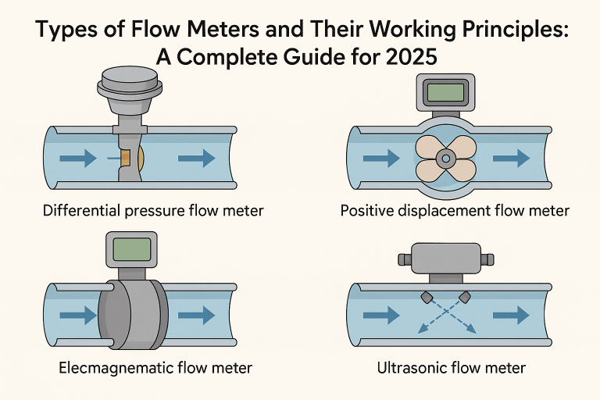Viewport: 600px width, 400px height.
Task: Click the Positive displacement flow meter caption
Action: tap(455, 210)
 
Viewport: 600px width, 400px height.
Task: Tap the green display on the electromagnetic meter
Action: tap(130, 249)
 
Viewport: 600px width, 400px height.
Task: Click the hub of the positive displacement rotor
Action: tap(446, 159)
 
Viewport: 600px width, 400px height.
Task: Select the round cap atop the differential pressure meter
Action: tap(130, 79)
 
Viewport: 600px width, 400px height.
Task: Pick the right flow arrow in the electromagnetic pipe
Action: tap(196, 316)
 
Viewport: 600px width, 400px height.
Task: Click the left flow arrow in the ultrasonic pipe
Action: tap(382, 316)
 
